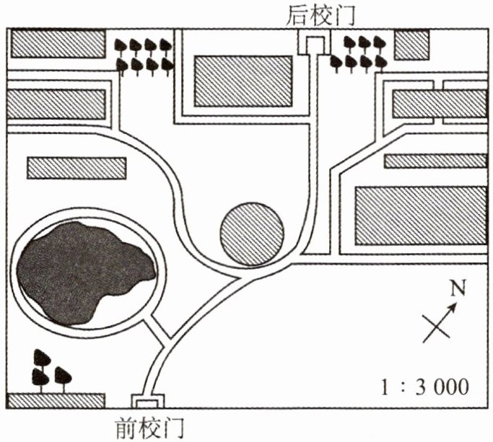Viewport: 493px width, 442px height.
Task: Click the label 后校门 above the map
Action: click(317, 14)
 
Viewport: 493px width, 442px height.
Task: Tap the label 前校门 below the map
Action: click(149, 429)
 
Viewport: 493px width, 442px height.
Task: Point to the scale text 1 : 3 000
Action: click(425, 386)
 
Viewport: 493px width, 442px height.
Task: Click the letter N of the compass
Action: click(457, 290)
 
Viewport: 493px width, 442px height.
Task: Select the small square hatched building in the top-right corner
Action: click(412, 45)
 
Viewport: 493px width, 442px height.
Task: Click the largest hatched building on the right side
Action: click(422, 215)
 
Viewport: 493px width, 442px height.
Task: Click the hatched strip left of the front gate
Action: click(57, 399)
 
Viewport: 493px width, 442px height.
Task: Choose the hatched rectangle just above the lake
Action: click(75, 167)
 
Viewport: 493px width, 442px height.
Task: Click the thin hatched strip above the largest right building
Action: click(435, 161)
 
